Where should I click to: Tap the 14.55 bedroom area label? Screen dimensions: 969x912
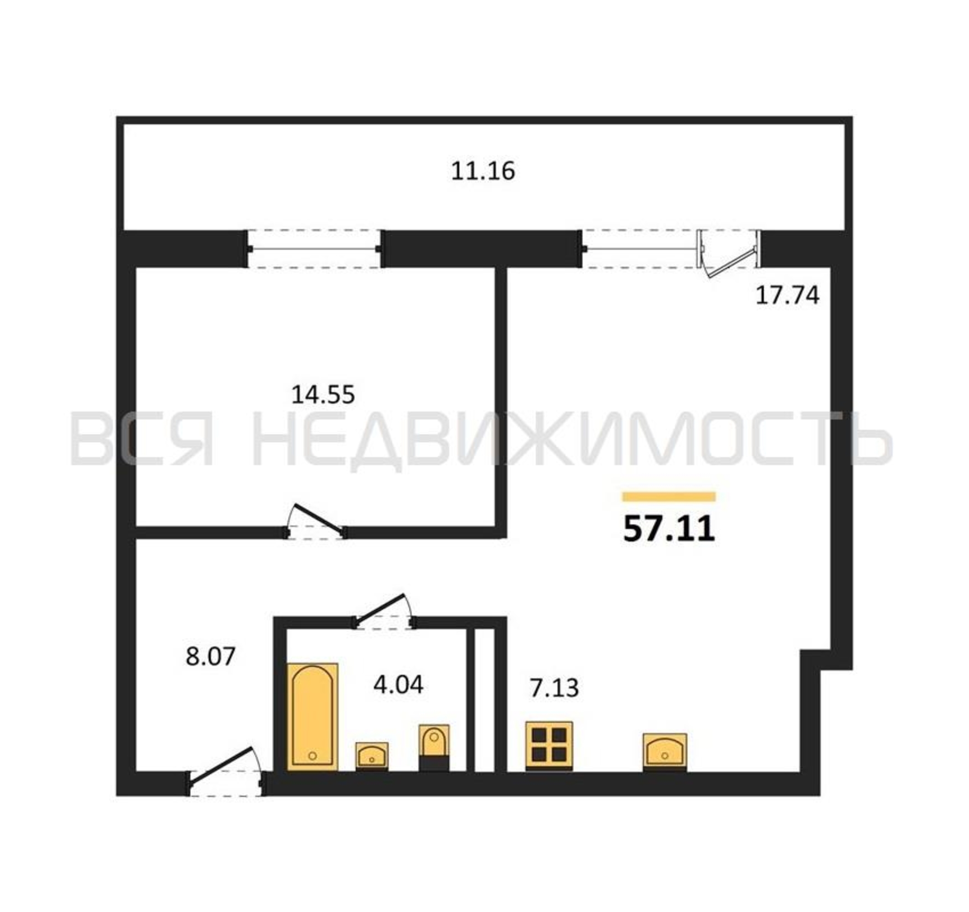click(323, 394)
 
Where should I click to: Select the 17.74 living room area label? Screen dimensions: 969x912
click(787, 295)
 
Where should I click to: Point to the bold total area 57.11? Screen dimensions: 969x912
click(669, 529)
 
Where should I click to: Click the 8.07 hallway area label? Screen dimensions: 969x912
click(211, 656)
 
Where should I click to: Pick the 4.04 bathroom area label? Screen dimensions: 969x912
click(398, 684)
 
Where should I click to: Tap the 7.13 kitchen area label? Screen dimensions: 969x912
click(554, 688)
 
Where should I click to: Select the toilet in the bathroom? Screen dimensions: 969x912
click(434, 748)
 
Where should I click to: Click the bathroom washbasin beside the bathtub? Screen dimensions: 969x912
click(372, 756)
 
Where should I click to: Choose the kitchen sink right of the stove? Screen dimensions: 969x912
click(665, 752)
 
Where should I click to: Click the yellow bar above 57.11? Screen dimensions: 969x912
click(669, 497)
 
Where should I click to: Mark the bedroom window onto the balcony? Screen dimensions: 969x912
click(314, 249)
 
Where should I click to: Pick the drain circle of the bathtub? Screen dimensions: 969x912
click(312, 756)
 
